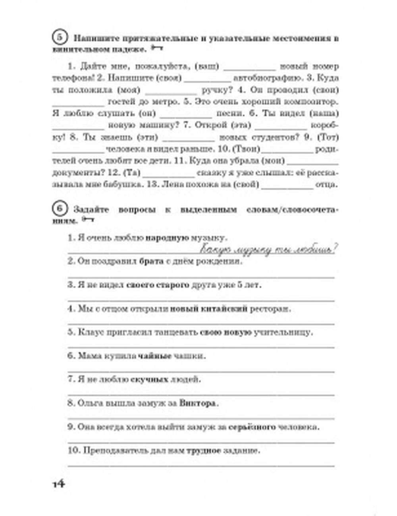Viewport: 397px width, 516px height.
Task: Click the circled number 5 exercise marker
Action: click(x=59, y=38)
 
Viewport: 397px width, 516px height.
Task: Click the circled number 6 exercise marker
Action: click(x=59, y=209)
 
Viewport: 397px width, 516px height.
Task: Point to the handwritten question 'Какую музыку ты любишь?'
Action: click(x=268, y=250)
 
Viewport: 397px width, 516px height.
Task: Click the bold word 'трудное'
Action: click(x=204, y=451)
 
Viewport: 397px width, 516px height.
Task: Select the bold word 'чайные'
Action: click(x=155, y=356)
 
